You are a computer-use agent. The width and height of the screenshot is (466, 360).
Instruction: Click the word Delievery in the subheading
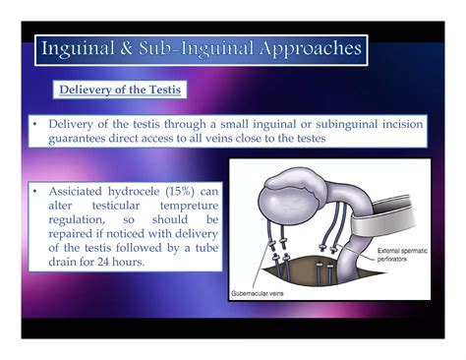click(87, 90)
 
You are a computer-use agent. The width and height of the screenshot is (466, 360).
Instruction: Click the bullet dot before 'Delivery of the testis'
click(34, 124)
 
